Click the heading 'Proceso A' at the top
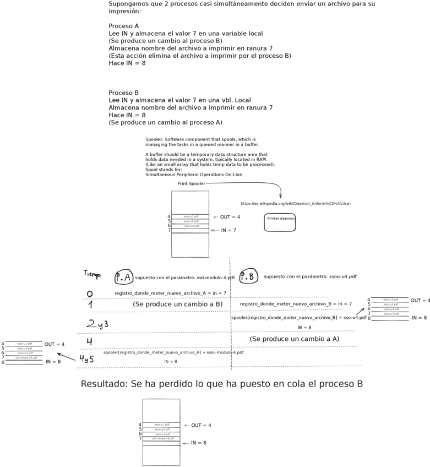click(x=123, y=26)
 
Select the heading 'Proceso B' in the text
click(x=123, y=93)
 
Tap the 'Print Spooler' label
click(x=191, y=183)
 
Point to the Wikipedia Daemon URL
click(x=296, y=204)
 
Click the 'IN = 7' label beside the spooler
click(x=228, y=230)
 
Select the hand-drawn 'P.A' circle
click(x=123, y=277)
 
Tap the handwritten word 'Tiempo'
click(x=92, y=274)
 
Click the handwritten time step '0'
click(x=90, y=294)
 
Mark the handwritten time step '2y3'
click(x=97, y=324)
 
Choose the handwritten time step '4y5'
click(x=86, y=359)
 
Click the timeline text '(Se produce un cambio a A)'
click(x=294, y=339)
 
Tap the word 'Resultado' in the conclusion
click(x=105, y=384)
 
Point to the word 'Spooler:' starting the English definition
click(x=154, y=139)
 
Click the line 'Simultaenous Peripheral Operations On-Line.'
click(x=194, y=175)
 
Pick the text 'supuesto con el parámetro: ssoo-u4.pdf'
click(x=309, y=276)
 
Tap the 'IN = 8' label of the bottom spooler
click(x=198, y=443)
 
